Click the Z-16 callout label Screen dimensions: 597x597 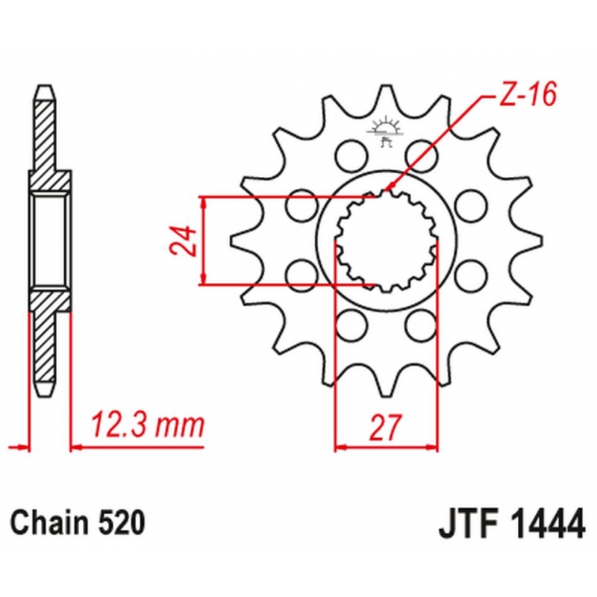pyautogui.click(x=528, y=94)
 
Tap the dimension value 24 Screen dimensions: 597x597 pyautogui.click(x=184, y=241)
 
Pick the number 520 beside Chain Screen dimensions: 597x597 pyautogui.click(x=122, y=522)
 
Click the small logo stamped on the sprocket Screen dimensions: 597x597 pyautogui.click(x=384, y=131)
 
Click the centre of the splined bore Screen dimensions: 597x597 pyautogui.click(x=387, y=241)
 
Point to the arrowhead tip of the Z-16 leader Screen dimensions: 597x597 pyautogui.click(x=385, y=190)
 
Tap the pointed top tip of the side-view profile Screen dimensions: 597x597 pyautogui.click(x=46, y=86)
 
